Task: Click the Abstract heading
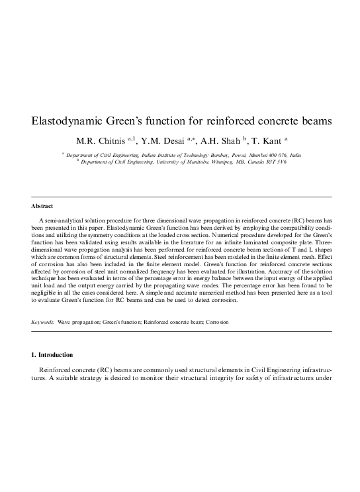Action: pos(42,207)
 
